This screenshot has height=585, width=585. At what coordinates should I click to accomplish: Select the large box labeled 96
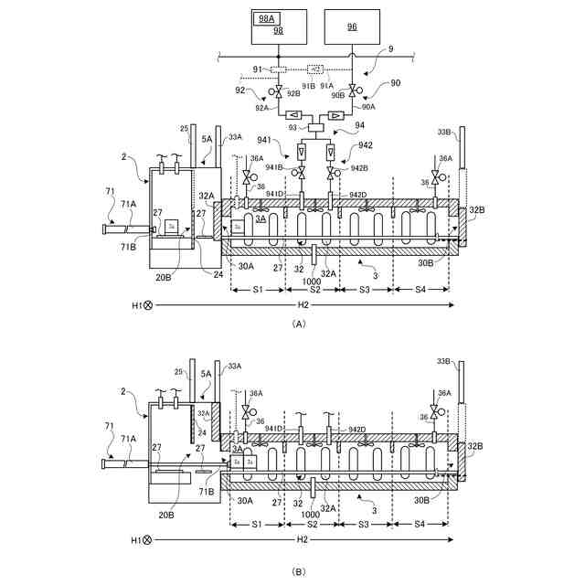[352, 27]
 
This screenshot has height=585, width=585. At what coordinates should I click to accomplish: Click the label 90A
[367, 106]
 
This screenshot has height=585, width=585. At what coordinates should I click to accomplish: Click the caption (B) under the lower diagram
[298, 571]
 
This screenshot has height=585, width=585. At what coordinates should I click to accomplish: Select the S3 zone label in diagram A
[364, 289]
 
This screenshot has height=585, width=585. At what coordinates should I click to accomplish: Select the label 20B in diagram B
[165, 514]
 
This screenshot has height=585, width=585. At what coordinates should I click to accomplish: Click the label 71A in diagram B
[129, 440]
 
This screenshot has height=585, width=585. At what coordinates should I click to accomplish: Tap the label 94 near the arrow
[360, 125]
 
